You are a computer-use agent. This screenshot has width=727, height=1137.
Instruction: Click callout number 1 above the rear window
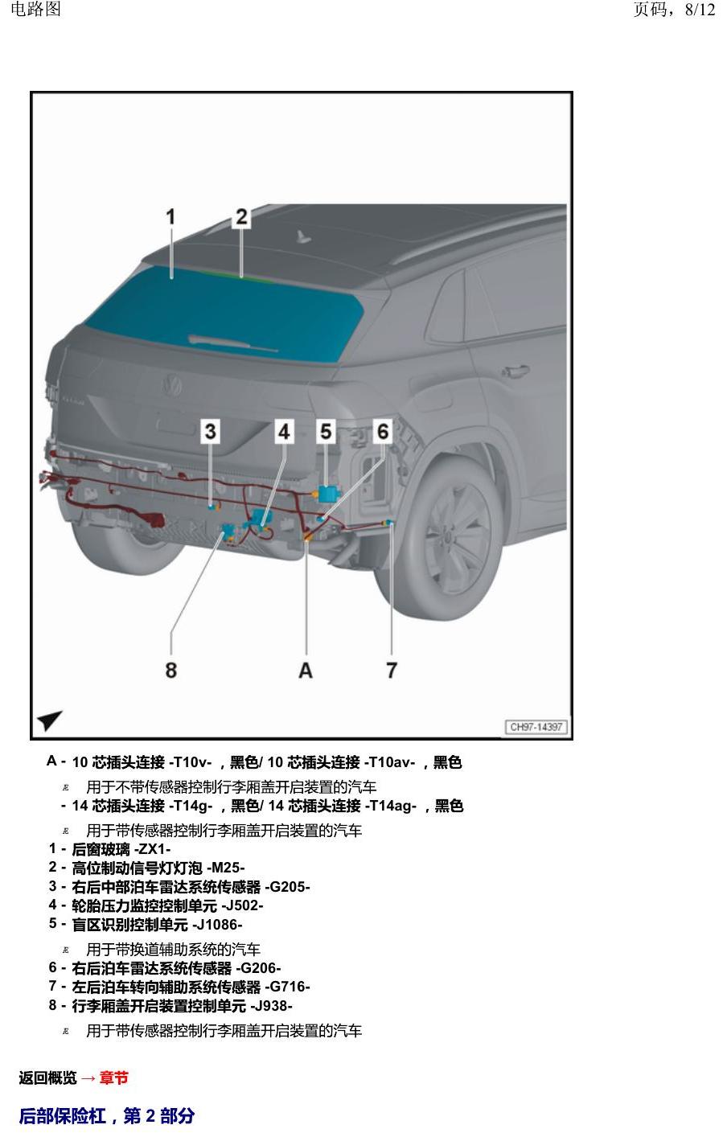tap(170, 217)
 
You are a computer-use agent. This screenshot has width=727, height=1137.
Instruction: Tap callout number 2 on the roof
tap(241, 217)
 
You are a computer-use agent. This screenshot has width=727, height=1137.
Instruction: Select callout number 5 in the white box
tap(326, 432)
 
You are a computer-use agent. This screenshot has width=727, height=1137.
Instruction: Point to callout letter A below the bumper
tap(305, 670)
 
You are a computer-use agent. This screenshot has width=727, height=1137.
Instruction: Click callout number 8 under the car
tap(171, 670)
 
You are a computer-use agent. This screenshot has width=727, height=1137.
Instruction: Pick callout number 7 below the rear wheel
tap(392, 670)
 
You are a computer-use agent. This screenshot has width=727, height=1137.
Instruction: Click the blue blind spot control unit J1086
tap(327, 494)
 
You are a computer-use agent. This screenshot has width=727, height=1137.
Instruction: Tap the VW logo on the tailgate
tap(173, 386)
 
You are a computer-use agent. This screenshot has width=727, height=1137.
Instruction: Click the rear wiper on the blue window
tap(232, 343)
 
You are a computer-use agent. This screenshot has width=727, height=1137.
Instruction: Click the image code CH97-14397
tap(536, 727)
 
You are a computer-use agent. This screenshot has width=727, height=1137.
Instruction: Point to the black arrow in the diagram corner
tap(49, 720)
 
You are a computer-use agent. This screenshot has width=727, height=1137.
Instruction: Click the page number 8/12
tap(700, 10)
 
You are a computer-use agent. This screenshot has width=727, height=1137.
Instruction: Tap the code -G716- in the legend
tap(287, 987)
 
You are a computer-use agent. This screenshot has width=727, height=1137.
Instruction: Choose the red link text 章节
tap(113, 1077)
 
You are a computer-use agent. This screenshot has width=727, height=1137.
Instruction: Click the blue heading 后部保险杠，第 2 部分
tap(107, 1115)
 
